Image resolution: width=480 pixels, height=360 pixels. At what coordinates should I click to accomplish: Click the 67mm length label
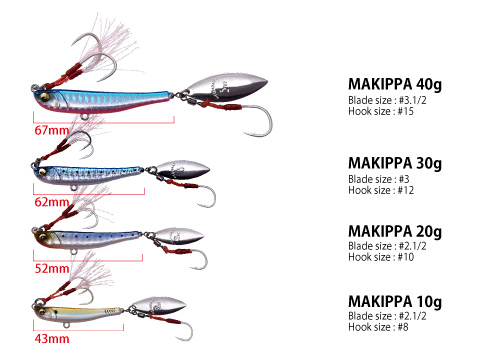click(49, 130)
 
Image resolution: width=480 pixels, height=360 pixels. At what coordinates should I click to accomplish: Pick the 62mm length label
click(49, 201)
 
